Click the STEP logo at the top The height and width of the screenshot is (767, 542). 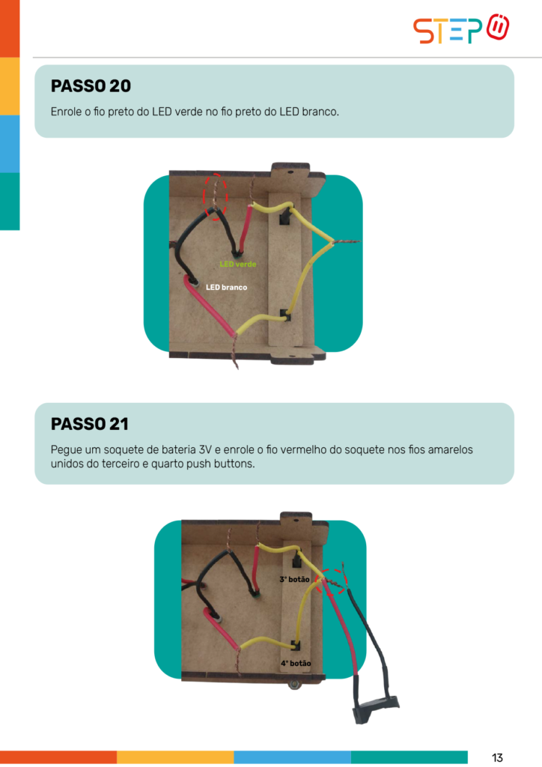(x=461, y=29)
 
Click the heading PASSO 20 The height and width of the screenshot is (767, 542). (x=91, y=86)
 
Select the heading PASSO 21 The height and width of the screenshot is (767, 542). (x=90, y=424)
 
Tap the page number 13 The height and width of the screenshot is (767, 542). (x=497, y=758)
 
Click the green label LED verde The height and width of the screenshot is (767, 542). (x=237, y=264)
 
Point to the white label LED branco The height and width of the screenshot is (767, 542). (x=226, y=287)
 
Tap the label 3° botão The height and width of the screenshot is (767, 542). (x=294, y=579)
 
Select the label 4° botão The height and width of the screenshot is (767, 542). (x=295, y=664)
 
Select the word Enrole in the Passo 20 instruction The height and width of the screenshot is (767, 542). (x=66, y=112)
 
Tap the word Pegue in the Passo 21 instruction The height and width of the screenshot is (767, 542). (x=65, y=450)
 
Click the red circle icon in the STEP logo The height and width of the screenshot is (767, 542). (x=498, y=28)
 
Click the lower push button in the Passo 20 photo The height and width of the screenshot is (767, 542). (x=285, y=315)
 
